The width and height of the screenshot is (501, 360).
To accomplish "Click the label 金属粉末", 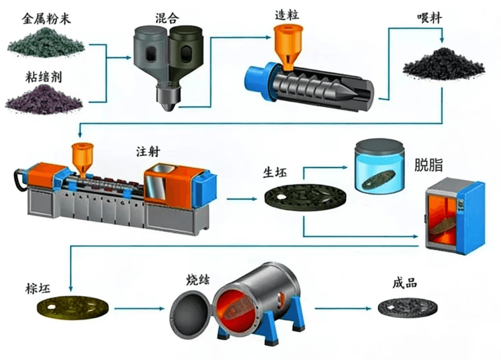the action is click(46, 19).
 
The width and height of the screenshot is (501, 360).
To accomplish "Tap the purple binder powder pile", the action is click(44, 99).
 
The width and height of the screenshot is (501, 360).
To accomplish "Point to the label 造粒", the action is click(287, 14).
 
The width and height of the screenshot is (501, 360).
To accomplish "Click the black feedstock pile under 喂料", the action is click(443, 64).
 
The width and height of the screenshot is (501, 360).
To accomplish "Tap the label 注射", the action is click(148, 151).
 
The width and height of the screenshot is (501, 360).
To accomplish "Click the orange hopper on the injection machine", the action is click(82, 159).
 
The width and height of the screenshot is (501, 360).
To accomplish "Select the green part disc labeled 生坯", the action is click(306, 197).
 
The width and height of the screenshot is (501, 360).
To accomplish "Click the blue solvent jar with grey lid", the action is click(380, 165).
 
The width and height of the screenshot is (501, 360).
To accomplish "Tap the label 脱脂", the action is click(428, 165).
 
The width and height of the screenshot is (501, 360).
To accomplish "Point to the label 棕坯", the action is click(38, 288).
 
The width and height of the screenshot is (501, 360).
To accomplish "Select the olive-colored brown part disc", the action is click(73, 308).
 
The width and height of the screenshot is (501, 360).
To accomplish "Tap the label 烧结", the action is click(198, 280).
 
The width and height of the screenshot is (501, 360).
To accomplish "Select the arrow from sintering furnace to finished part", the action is click(343, 308).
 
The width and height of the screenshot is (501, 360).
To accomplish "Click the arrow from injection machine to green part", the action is click(242, 199).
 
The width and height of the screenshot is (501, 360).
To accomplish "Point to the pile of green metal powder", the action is click(46, 43).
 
